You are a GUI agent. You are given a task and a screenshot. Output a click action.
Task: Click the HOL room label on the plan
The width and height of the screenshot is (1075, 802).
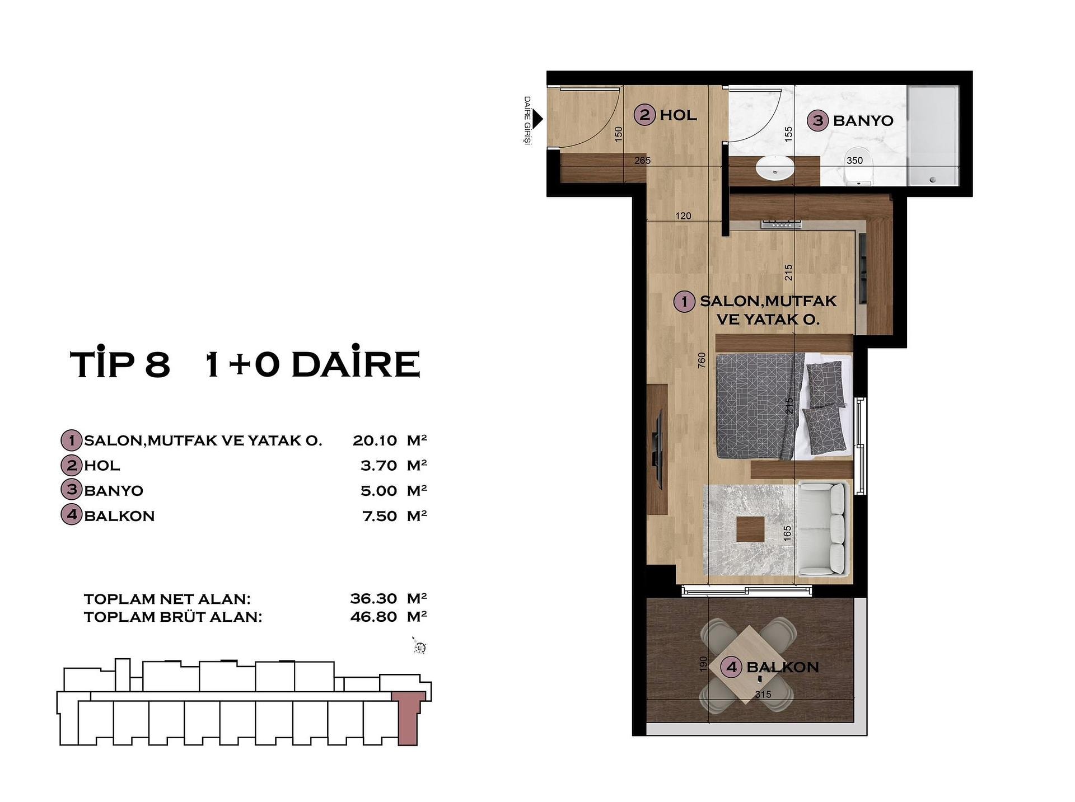click(x=678, y=115)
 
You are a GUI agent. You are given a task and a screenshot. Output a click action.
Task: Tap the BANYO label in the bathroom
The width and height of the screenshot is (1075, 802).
click(x=863, y=120)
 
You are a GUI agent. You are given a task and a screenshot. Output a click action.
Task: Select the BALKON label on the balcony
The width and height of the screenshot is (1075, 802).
click(x=782, y=667)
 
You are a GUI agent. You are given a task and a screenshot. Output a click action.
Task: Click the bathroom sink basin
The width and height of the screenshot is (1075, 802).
click(x=775, y=167)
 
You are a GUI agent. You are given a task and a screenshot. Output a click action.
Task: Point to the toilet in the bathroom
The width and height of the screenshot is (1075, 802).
click(x=858, y=166)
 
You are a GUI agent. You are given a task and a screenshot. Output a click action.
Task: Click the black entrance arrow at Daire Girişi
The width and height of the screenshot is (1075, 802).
click(x=537, y=119)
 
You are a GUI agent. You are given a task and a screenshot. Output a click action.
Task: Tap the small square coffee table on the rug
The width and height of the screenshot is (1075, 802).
click(x=750, y=529)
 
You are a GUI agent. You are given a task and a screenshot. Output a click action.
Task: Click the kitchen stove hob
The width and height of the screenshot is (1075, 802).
click(x=781, y=224)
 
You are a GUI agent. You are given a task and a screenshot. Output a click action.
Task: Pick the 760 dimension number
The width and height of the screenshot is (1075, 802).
click(x=702, y=360)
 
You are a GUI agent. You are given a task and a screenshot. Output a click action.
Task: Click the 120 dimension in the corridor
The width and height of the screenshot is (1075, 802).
click(x=683, y=216)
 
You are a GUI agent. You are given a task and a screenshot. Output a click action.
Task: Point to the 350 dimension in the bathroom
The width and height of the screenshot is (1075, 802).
click(x=854, y=161)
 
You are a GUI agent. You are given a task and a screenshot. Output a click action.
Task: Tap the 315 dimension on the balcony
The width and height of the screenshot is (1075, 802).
click(x=763, y=695)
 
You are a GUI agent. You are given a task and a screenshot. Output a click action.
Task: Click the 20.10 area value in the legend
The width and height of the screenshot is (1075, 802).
click(x=375, y=440)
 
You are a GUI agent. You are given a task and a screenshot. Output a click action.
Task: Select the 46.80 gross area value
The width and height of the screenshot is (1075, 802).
click(x=373, y=617)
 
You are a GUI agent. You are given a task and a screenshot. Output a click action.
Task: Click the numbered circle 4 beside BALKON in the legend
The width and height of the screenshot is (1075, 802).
click(x=71, y=514)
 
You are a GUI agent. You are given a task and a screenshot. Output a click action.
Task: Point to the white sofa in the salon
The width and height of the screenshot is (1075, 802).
click(x=823, y=529)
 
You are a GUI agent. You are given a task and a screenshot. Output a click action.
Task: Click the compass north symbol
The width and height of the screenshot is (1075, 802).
click(x=419, y=646)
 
